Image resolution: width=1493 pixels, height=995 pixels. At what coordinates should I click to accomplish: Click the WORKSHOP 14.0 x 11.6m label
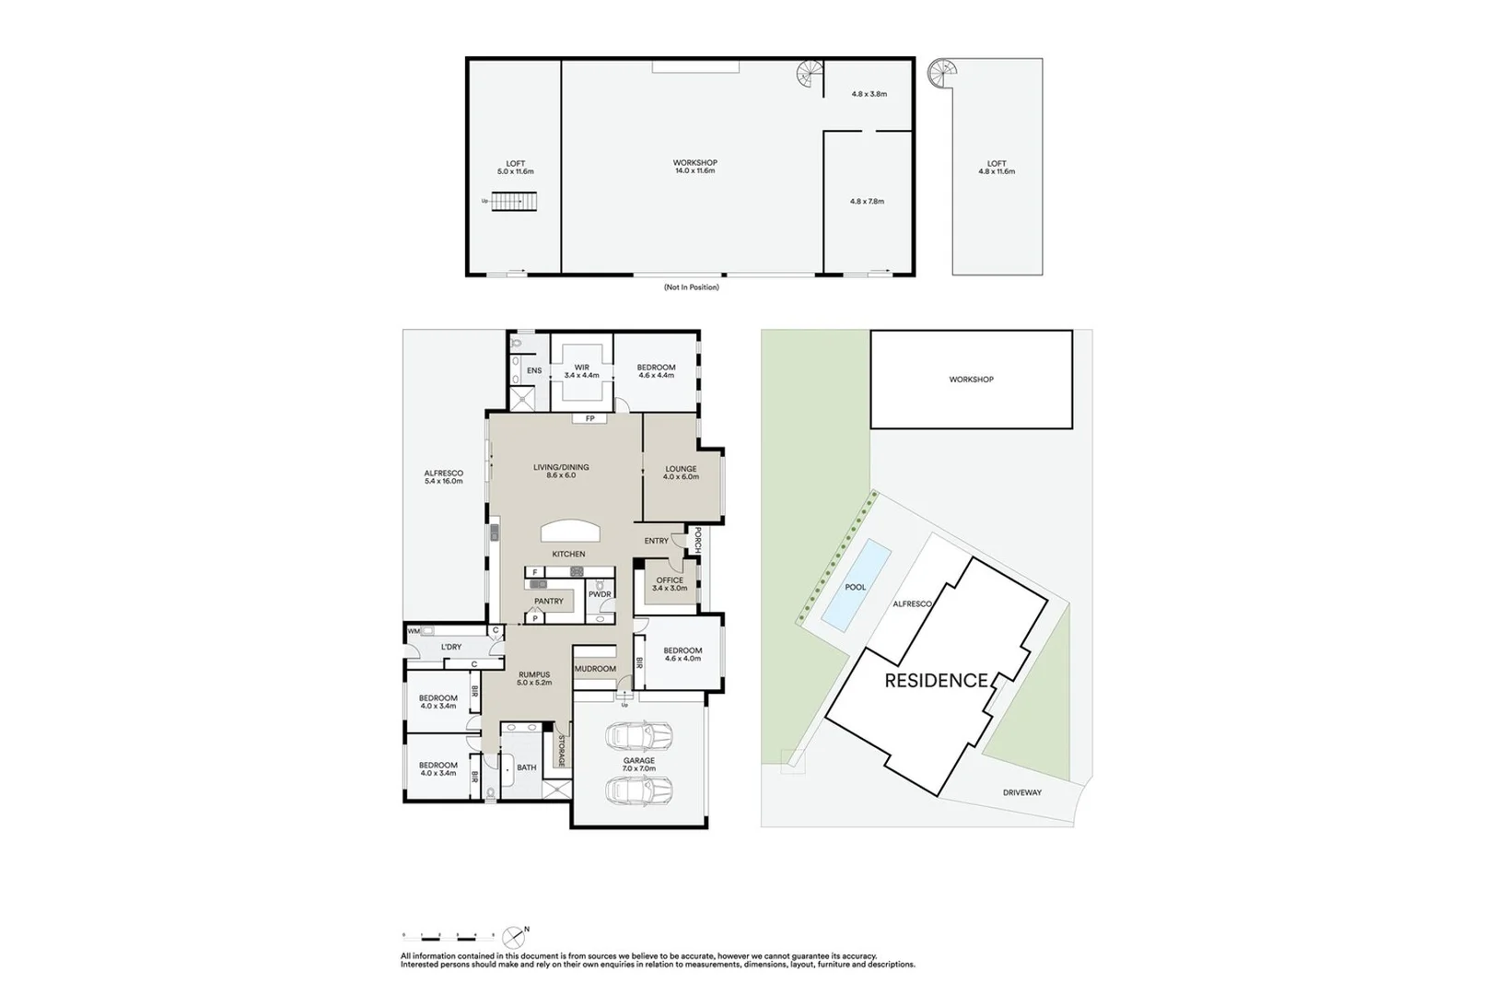(x=694, y=167)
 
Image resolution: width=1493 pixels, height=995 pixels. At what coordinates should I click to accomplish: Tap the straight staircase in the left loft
(x=513, y=201)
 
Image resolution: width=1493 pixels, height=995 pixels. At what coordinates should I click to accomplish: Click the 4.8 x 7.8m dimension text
(x=867, y=201)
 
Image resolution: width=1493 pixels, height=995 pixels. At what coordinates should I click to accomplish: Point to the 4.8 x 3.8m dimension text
(x=869, y=94)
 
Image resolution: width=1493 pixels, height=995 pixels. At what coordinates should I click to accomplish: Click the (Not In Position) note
(x=691, y=287)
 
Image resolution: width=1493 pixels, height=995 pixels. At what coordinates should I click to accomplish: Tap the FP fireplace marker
(x=589, y=418)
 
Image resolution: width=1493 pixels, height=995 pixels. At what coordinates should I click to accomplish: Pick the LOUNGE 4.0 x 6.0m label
(x=681, y=473)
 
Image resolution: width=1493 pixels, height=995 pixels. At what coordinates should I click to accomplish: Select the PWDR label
(x=600, y=594)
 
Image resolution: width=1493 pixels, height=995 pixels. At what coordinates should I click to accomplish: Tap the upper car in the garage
(x=638, y=735)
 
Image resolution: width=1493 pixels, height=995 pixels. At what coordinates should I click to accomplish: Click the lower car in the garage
(x=638, y=790)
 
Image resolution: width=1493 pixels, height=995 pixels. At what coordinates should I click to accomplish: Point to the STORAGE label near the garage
(x=560, y=750)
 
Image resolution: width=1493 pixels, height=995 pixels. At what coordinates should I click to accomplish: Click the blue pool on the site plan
(x=857, y=586)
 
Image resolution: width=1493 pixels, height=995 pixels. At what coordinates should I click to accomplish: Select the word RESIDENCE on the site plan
(x=936, y=681)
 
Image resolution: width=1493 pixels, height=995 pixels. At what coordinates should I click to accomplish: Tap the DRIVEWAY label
(x=1021, y=792)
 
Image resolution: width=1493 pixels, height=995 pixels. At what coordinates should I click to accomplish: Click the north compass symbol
(x=514, y=938)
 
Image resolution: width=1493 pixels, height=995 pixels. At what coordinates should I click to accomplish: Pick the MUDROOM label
(x=595, y=669)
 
